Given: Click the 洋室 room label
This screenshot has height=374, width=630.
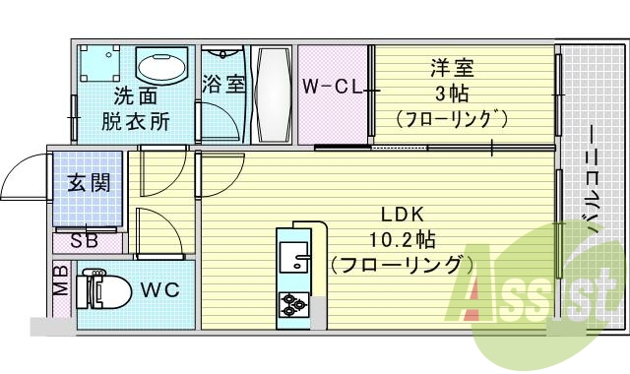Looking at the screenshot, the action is click(452, 68).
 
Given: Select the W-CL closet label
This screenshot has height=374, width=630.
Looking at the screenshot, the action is click(332, 86).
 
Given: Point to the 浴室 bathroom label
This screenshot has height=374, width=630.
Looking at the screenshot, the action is click(223, 84).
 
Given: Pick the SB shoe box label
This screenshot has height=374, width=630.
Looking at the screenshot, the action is click(82, 239).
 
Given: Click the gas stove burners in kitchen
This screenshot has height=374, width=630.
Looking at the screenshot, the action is click(294, 305).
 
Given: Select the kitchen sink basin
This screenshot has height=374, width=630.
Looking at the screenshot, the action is click(293, 257).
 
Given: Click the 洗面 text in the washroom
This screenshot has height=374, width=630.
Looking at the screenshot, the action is click(135, 96).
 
